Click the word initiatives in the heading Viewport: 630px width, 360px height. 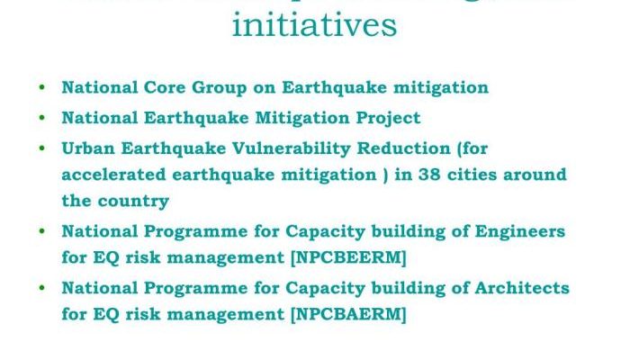[314, 24]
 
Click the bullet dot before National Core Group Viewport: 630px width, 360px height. [42, 88]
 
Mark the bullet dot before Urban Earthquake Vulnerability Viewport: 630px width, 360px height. [42, 148]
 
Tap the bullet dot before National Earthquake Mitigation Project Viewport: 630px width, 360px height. [42, 118]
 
